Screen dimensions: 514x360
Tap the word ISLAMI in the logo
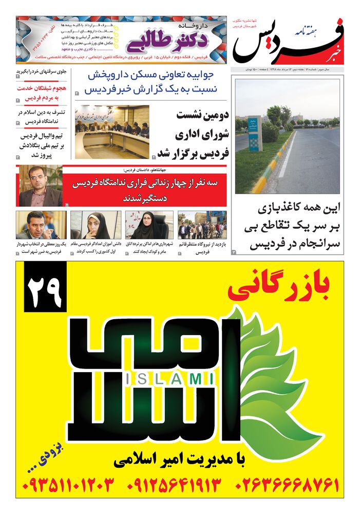tap(169, 379)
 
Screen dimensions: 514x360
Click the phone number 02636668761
tap(288, 484)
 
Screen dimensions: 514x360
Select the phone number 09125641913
tap(174, 484)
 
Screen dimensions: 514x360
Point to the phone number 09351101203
tap(68, 484)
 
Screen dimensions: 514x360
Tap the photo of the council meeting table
tap(112, 132)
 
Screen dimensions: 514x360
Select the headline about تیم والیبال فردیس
tap(42, 145)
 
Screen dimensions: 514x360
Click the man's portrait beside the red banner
tap(41, 187)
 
